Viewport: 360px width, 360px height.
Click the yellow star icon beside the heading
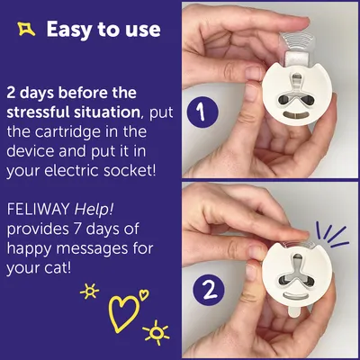pyautogui.click(x=26, y=29)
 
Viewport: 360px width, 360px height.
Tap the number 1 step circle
pyautogui.click(x=202, y=112)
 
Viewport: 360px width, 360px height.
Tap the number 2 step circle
pyautogui.click(x=209, y=291)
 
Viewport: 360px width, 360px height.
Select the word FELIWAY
pyautogui.click(x=39, y=210)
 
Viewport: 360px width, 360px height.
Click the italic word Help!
pyautogui.click(x=94, y=210)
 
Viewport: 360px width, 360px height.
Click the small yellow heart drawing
pyautogui.click(x=144, y=294)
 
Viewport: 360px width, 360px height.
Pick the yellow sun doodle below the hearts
pyautogui.click(x=156, y=332)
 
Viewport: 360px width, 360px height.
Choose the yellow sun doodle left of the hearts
pyautogui.click(x=89, y=291)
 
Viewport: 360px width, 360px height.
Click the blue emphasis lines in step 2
pyautogui.click(x=332, y=236)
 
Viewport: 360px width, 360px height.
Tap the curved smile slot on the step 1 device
pyautogui.click(x=297, y=115)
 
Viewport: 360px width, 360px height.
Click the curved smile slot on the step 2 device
pyautogui.click(x=296, y=295)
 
